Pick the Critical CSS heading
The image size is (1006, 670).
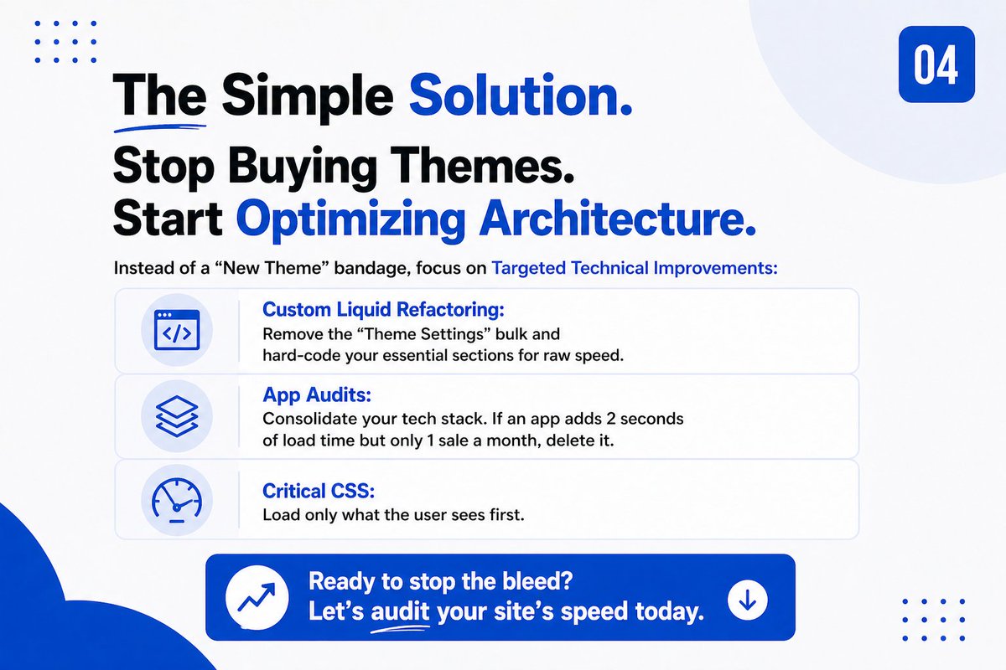coord(318,491)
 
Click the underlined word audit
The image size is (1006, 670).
coord(401,612)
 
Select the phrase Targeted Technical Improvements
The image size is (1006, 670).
coord(635,269)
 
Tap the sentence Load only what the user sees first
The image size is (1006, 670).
coord(393,515)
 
